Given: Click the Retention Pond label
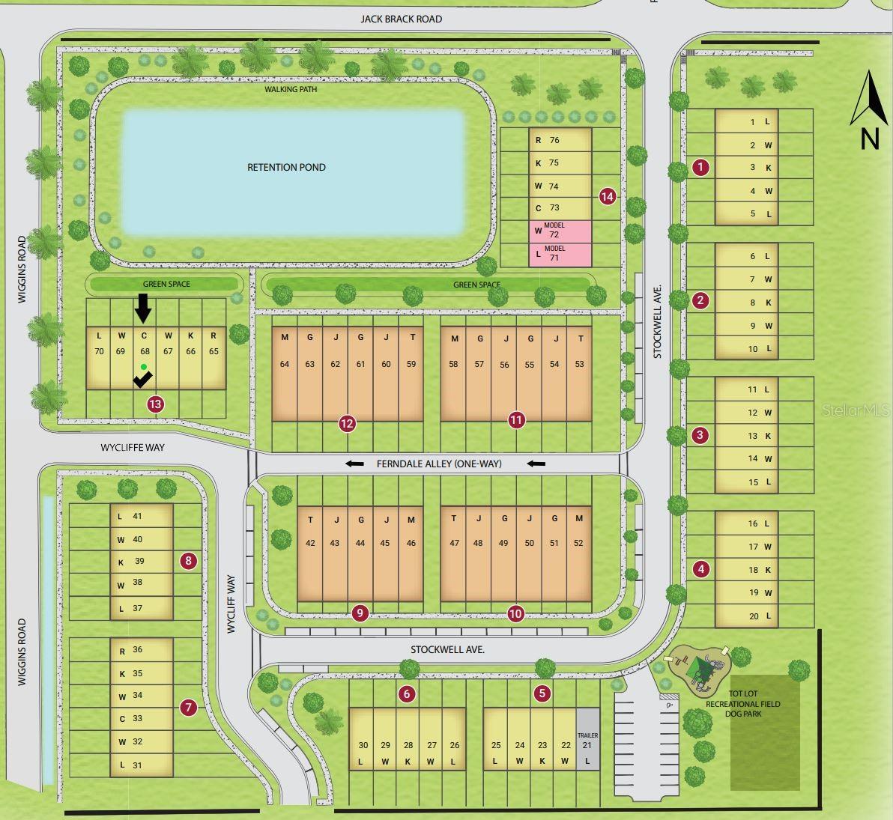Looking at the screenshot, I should pyautogui.click(x=286, y=167).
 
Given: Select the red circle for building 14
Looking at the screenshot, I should pyautogui.click(x=608, y=196).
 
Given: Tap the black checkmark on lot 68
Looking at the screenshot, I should pyautogui.click(x=142, y=380).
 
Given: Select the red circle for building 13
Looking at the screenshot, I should pyautogui.click(x=155, y=404).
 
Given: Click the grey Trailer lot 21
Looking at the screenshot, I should pyautogui.click(x=588, y=739).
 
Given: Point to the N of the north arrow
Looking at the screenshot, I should pyautogui.click(x=869, y=139).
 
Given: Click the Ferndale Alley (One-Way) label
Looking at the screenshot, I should pyautogui.click(x=439, y=464).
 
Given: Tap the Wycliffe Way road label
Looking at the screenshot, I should pyautogui.click(x=133, y=447).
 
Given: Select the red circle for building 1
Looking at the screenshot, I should pyautogui.click(x=700, y=167).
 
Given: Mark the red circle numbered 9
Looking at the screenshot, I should pyautogui.click(x=360, y=613).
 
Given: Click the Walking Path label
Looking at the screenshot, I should pyautogui.click(x=291, y=89).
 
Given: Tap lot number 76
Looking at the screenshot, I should pyautogui.click(x=554, y=140).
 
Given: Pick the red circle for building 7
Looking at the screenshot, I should pyautogui.click(x=189, y=707).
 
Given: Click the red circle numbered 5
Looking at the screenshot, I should pyautogui.click(x=542, y=694).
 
